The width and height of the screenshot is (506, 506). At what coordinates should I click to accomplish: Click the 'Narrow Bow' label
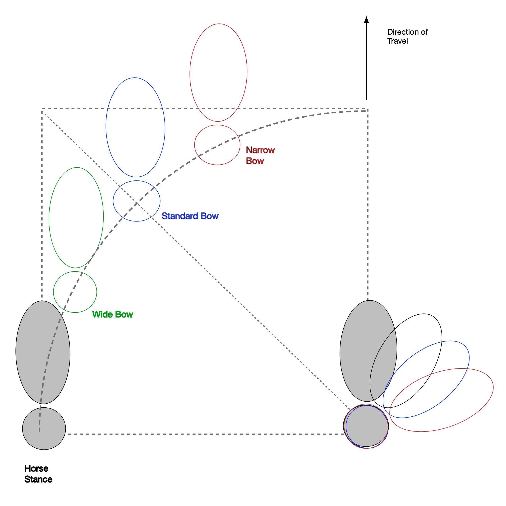(260, 155)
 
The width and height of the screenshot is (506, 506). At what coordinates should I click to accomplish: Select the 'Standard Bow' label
(190, 216)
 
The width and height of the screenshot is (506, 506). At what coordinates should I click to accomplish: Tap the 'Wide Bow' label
(113, 314)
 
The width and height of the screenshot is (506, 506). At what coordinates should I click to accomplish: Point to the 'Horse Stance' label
(38, 474)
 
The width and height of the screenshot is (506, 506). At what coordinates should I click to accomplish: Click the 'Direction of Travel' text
(407, 37)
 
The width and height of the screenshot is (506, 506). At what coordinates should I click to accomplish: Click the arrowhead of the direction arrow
(366, 20)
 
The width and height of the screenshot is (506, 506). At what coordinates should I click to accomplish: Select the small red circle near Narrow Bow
(217, 145)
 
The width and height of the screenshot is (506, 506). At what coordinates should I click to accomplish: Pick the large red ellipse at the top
(218, 73)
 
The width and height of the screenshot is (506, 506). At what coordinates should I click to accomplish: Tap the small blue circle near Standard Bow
(136, 201)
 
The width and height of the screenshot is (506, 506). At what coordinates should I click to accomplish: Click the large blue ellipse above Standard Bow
(135, 127)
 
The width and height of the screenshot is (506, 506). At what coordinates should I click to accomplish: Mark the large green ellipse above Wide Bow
(76, 218)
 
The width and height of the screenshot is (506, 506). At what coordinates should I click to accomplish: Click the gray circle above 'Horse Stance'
(44, 428)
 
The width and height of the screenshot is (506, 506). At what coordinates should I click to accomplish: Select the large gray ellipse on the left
(43, 352)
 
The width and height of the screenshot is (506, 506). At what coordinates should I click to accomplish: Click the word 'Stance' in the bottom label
(38, 479)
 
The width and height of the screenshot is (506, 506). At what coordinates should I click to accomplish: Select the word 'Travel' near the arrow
(397, 41)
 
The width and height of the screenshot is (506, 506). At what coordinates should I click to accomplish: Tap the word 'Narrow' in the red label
(260, 150)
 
